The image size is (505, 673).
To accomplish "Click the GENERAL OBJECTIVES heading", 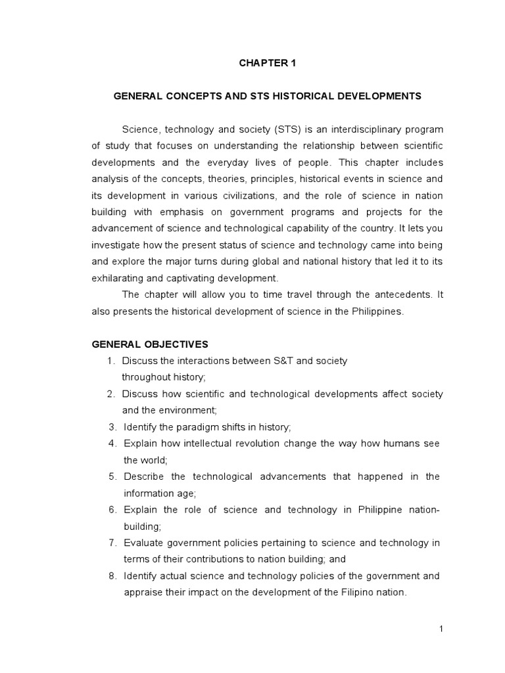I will [x=150, y=344].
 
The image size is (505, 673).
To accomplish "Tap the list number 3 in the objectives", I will [x=112, y=427].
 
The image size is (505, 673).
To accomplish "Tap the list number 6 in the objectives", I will [x=112, y=509].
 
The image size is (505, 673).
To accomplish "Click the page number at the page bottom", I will [x=442, y=629].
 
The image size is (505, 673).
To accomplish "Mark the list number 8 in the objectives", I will [x=112, y=576].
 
